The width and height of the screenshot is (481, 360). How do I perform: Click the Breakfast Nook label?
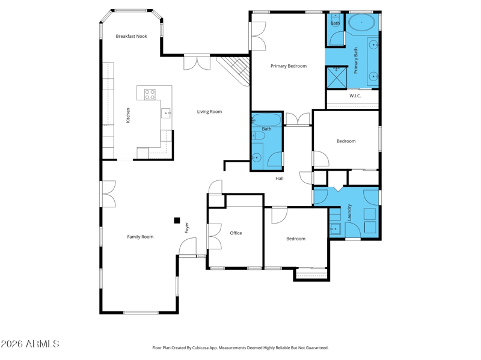tap(131, 36)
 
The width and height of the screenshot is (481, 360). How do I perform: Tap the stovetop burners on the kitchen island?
tap(150, 94)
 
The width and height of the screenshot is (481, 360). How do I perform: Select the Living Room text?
tap(209, 112)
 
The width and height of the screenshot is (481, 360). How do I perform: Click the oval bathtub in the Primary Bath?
tap(362, 22)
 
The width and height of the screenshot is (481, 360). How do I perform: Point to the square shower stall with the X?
tap(337, 78)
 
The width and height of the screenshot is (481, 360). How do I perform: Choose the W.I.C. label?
tap(355, 96)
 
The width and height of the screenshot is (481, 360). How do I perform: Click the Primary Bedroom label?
tap(289, 66)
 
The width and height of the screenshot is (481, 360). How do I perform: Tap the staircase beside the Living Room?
tap(234, 70)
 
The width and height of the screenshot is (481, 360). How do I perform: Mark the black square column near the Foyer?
tap(177, 220)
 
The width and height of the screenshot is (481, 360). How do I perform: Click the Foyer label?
tap(187, 228)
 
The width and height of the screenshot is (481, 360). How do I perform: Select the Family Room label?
tap(140, 237)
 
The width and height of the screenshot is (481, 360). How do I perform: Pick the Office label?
tap(236, 233)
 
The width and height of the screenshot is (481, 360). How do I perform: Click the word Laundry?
tap(349, 213)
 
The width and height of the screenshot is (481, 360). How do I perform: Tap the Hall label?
tap(279, 178)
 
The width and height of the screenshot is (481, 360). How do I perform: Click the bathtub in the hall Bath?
tap(266, 120)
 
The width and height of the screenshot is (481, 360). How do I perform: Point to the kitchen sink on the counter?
tap(166, 113)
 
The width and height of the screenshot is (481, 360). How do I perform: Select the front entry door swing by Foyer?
tap(188, 247)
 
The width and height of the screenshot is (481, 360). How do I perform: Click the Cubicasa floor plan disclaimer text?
tap(240, 348)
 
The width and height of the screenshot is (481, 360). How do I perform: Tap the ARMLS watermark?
tap(29, 344)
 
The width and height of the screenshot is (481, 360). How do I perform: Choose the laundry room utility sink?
tap(335, 228)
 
